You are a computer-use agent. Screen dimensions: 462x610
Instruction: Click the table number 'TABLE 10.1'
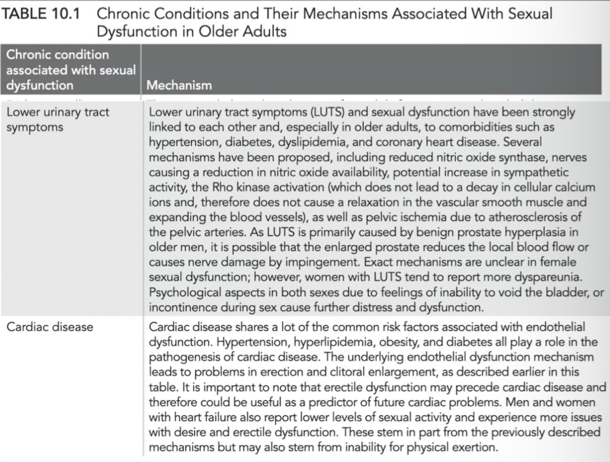coord(41,13)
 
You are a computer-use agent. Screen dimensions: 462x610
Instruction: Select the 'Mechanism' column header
coord(179,85)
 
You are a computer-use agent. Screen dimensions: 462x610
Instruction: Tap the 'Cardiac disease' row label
coord(50,327)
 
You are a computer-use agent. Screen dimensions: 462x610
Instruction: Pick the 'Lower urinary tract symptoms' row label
coord(57,119)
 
